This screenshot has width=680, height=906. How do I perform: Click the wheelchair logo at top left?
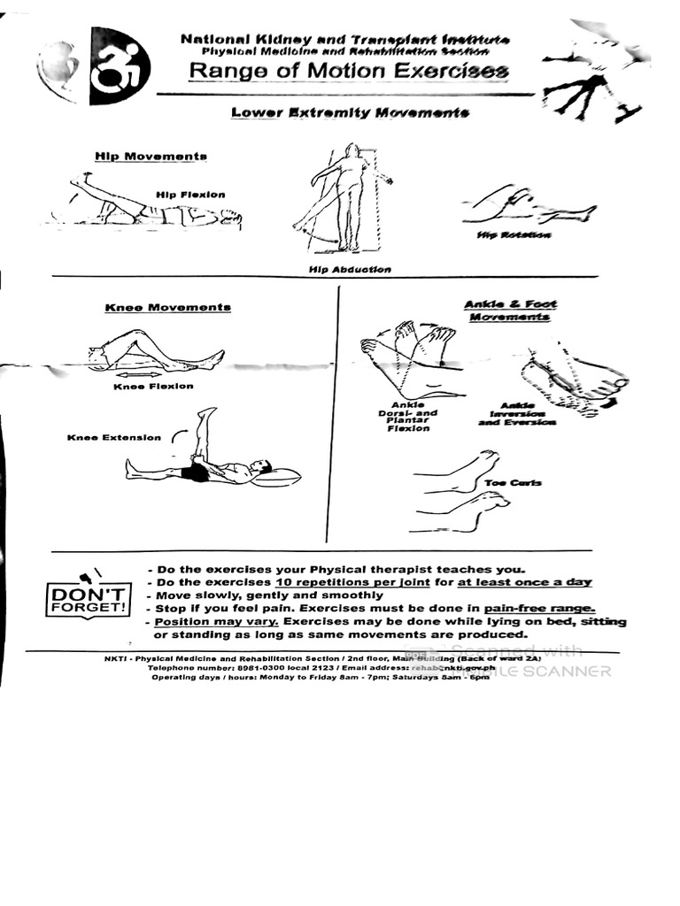point(120,66)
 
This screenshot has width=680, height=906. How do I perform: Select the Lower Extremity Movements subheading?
point(350,112)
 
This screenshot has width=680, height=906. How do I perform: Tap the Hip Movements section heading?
point(151,156)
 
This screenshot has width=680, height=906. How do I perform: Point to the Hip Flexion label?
point(190,195)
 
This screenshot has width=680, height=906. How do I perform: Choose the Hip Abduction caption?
point(350,269)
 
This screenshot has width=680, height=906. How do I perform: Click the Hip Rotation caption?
point(514,235)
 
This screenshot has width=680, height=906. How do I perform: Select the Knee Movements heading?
point(168,307)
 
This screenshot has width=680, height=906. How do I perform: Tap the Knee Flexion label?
point(153,386)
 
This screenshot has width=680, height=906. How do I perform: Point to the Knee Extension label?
point(114,437)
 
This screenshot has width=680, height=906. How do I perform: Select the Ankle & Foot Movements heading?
point(510,311)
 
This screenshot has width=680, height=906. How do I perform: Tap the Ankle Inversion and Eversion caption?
point(517,414)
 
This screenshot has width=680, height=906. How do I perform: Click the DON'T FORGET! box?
point(88,600)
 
